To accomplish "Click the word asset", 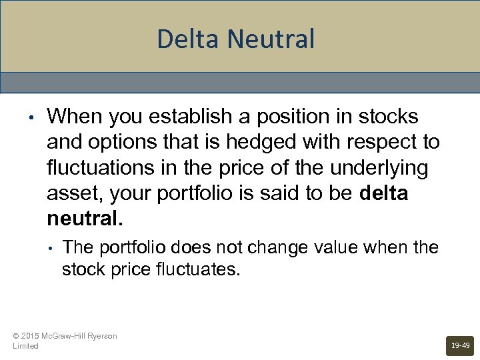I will [x=71, y=193].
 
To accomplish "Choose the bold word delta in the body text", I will [x=383, y=193].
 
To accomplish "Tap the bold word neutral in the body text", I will [x=82, y=219].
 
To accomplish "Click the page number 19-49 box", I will [x=460, y=345].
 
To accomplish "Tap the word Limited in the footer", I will [x=25, y=346].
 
